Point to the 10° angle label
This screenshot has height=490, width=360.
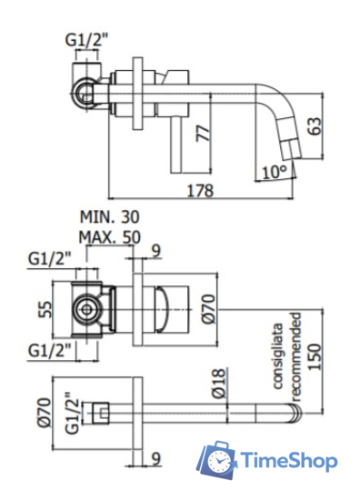pos(275,170)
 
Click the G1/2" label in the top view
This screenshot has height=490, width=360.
pos(86,39)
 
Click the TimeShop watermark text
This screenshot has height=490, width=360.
pos(288,463)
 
